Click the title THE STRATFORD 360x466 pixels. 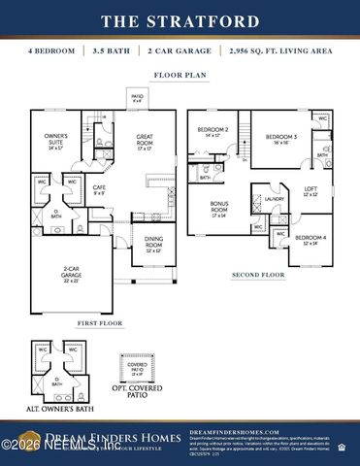click(180, 21)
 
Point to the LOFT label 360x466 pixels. click(311, 191)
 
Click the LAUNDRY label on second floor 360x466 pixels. click(275, 199)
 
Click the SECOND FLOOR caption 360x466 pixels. click(258, 275)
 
